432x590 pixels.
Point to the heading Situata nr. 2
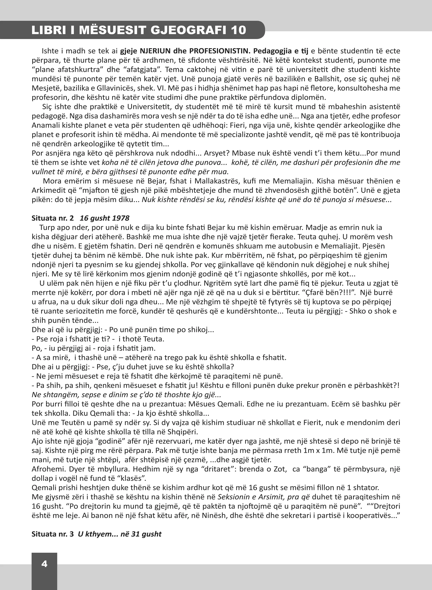point(53,218)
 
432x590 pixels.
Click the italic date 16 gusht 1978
point(105,218)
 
